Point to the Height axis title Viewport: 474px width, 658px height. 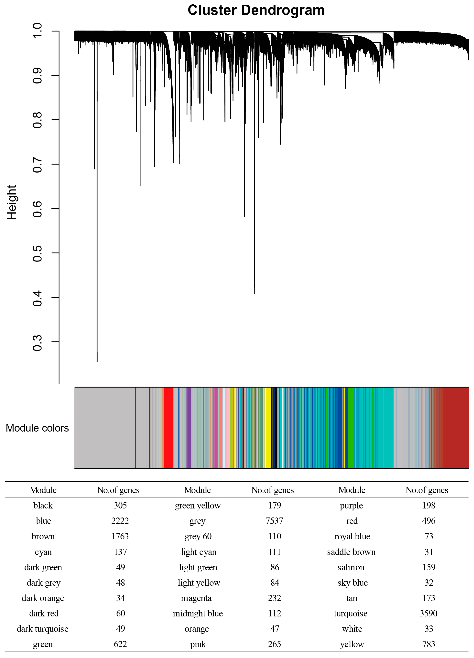[12, 202]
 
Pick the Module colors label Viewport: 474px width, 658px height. [37, 428]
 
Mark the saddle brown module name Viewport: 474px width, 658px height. [351, 552]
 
